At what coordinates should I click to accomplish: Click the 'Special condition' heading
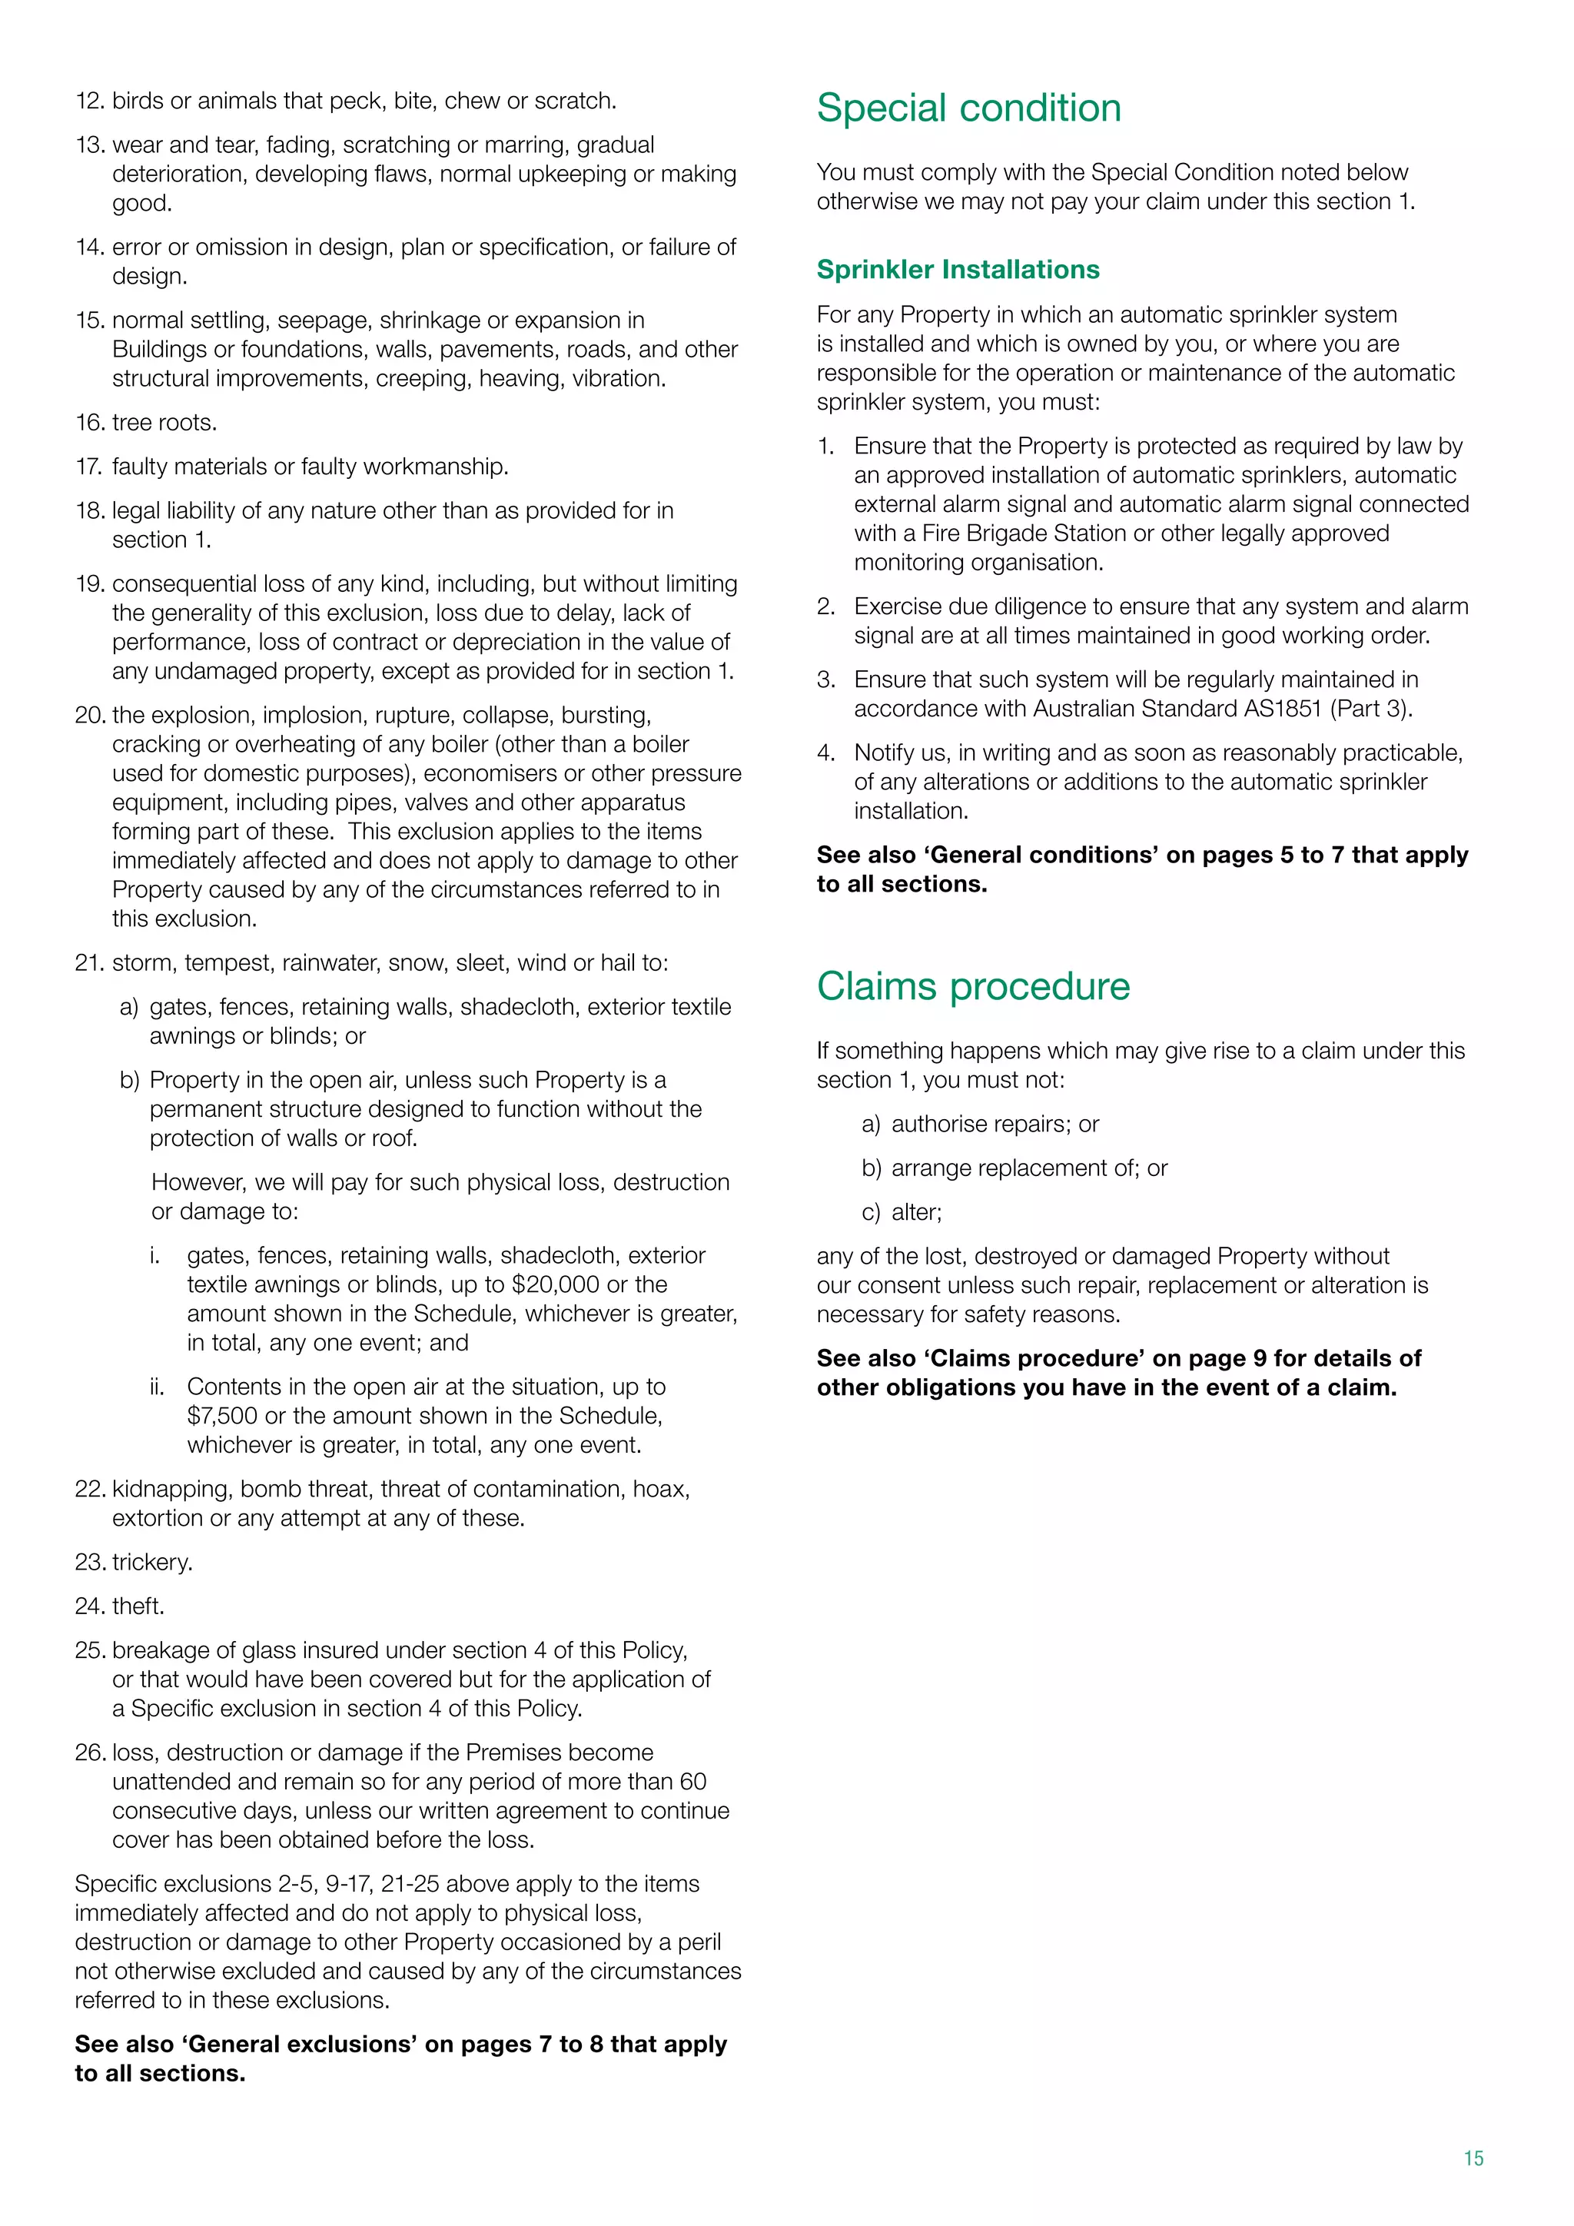click(968, 108)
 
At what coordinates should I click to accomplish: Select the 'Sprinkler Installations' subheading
click(958, 270)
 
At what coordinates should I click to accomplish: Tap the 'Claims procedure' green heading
click(973, 986)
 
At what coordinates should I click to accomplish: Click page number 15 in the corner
click(1473, 2158)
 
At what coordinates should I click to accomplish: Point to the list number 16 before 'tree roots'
click(89, 423)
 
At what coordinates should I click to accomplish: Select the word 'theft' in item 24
click(138, 1606)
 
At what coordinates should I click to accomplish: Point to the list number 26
click(89, 1752)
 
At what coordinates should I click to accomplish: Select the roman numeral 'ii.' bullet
click(157, 1387)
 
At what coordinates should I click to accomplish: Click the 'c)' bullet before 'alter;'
click(870, 1212)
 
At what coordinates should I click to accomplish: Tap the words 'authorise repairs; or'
click(995, 1124)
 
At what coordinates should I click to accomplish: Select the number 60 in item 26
click(692, 1781)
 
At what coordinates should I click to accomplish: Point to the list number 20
click(89, 716)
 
